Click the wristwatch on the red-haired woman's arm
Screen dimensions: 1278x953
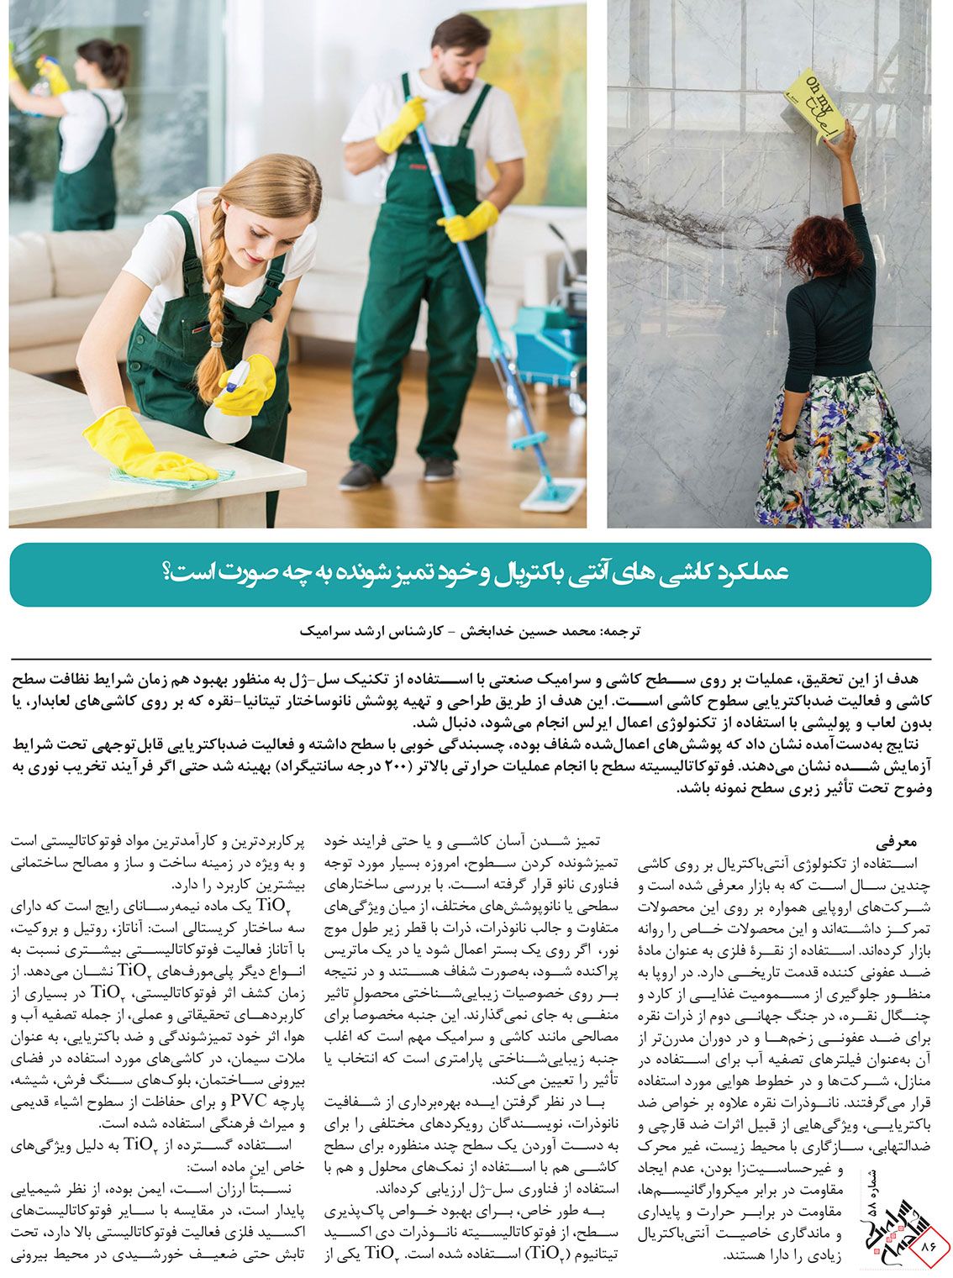pos(787,434)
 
